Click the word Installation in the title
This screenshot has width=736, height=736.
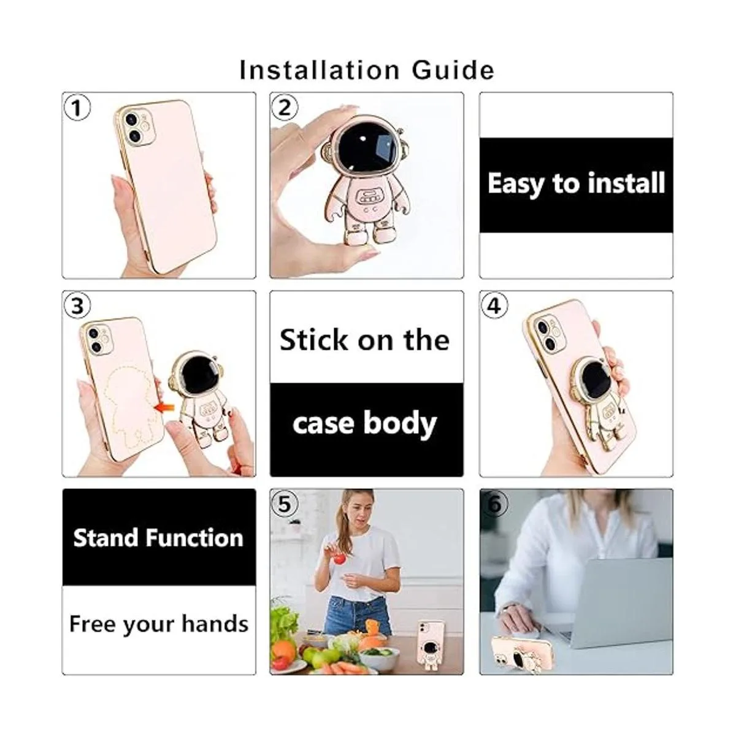319,71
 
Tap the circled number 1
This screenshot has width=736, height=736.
77,108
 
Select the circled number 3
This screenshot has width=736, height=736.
77,305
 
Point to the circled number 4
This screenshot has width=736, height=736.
494,305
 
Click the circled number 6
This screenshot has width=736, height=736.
494,504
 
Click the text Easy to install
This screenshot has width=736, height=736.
576,184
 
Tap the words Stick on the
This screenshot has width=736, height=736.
365,340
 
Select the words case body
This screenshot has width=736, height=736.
365,424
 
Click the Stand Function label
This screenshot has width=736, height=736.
158,538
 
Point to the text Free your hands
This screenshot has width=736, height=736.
159,624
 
